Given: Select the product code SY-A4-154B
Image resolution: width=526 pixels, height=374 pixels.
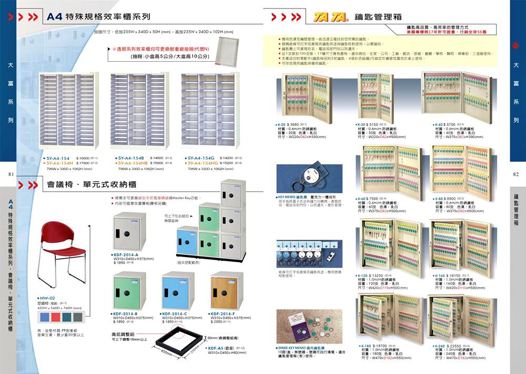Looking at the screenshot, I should [x=131, y=158].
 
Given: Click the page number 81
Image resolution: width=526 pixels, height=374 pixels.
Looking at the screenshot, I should [x=11, y=174].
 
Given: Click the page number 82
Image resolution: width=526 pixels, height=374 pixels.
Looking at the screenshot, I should [x=515, y=174].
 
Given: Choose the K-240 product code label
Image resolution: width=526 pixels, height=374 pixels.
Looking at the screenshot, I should [x=438, y=346].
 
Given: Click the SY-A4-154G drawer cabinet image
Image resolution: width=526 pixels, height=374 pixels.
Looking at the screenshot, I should [x=207, y=111].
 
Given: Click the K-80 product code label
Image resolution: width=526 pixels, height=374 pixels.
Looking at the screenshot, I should [x=438, y=199].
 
